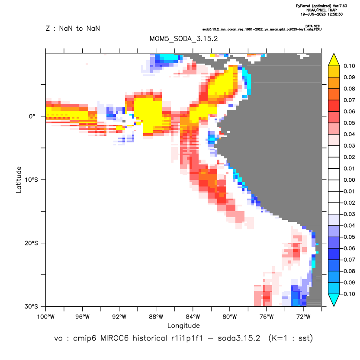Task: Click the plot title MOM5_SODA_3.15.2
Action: pyautogui.click(x=183, y=39)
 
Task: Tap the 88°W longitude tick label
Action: pyautogui.click(x=156, y=317)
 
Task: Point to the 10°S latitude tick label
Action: pyautogui.click(x=32, y=180)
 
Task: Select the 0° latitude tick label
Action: pyautogui.click(x=32, y=116)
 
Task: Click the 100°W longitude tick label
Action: pyautogui.click(x=46, y=317)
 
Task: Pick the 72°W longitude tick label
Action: pyautogui.click(x=303, y=317)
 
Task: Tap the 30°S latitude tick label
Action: pyautogui.click(x=32, y=306)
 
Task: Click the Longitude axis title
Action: pyautogui.click(x=183, y=325)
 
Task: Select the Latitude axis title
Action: pyautogui.click(x=19, y=180)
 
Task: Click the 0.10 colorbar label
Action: pyautogui.click(x=349, y=66)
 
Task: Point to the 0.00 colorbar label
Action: pyautogui.click(x=349, y=180)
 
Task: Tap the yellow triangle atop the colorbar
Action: pyautogui.click(x=334, y=61)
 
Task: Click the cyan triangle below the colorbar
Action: pyautogui.click(x=334, y=299)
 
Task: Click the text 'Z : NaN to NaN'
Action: pyautogui.click(x=73, y=29)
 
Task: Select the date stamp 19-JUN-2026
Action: pyautogui.click(x=313, y=14)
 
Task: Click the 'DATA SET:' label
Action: pyautogui.click(x=313, y=26)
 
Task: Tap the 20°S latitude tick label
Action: pyautogui.click(x=32, y=243)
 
